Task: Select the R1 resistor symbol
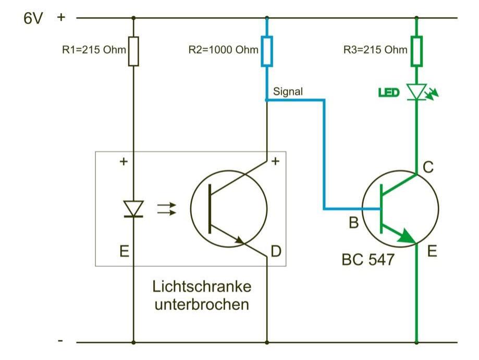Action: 133,51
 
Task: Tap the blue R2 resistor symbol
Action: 267,51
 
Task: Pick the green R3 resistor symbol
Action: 416,51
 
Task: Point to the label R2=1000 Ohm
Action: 224,51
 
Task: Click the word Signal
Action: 288,91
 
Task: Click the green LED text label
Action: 388,93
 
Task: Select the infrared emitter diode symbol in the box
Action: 134,209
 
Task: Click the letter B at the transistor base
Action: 353,223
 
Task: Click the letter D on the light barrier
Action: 276,251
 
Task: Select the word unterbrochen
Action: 201,304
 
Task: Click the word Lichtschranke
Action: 202,286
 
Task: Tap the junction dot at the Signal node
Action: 267,100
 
